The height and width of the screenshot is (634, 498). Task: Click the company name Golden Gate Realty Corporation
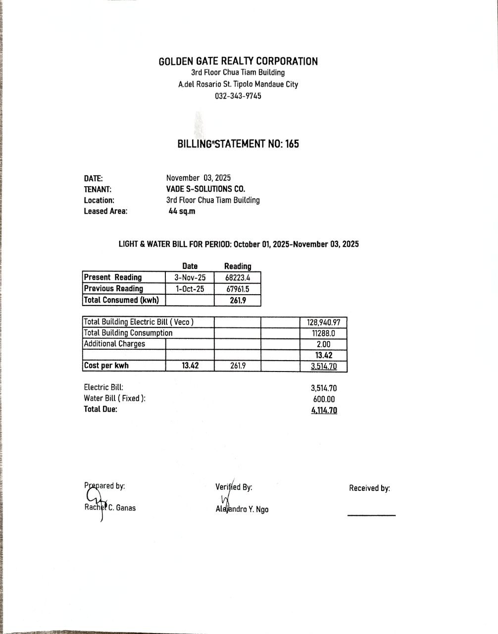click(x=238, y=61)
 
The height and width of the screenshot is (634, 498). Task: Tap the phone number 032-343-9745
click(x=238, y=96)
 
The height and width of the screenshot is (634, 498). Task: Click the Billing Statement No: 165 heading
click(x=238, y=144)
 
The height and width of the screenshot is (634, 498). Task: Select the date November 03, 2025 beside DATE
click(x=199, y=178)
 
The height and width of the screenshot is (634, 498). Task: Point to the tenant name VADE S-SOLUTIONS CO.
click(x=205, y=189)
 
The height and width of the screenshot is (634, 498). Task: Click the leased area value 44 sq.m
click(x=182, y=211)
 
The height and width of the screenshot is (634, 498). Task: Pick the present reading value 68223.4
click(x=238, y=278)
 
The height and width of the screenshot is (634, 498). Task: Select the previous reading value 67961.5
click(x=238, y=289)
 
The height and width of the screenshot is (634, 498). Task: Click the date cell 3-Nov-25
click(x=190, y=278)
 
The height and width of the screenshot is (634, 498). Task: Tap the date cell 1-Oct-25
click(x=190, y=289)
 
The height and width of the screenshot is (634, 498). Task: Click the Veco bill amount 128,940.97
click(x=324, y=322)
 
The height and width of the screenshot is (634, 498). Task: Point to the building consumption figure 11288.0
click(x=324, y=333)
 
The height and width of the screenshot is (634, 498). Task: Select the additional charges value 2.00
click(x=324, y=344)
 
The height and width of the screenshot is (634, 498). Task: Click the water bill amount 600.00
click(x=324, y=399)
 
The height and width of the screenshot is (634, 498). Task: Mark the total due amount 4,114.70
click(x=324, y=410)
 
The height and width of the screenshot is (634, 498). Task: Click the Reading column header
click(x=238, y=266)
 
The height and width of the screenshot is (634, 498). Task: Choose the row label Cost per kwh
click(x=106, y=366)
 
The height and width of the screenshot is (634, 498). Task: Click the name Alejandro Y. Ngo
click(x=242, y=509)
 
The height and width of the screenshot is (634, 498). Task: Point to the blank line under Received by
click(x=371, y=515)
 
